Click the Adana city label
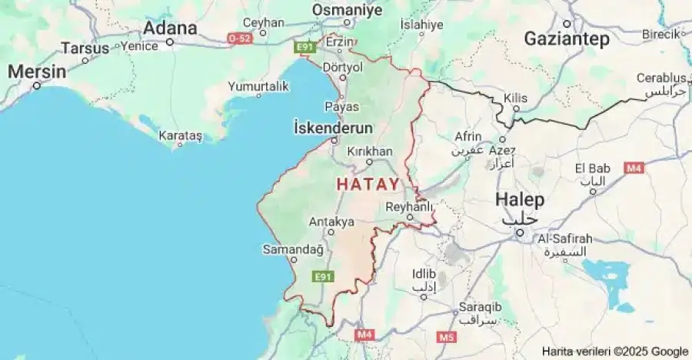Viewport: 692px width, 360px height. coord(170,28)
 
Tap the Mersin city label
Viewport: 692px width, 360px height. coord(37,71)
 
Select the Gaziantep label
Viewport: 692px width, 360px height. coord(567,38)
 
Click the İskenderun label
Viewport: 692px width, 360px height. coord(334,128)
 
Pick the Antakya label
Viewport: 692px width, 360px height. coord(331,222)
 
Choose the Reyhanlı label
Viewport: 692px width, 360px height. coord(410,206)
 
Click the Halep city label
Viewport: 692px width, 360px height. coord(519,199)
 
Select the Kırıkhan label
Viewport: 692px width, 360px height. coord(370,152)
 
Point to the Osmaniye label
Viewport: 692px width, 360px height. coord(347,9)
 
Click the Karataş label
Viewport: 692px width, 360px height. coord(180,135)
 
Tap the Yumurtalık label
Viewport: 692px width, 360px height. coord(258,87)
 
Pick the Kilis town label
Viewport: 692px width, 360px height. coord(514,98)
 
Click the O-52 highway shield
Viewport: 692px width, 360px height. coord(240,37)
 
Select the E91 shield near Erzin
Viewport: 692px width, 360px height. coord(305,48)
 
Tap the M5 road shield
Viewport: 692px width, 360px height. coord(447,337)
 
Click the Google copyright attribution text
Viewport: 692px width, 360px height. coord(614,352)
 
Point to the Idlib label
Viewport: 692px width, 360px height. coord(424,274)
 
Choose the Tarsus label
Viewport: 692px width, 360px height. coord(85,48)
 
